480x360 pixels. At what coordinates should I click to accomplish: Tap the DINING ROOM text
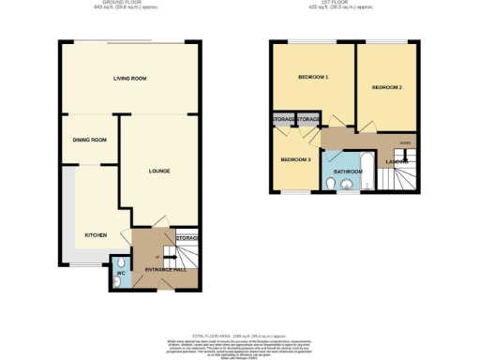(90, 140)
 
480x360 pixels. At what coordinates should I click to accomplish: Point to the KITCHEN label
(97, 234)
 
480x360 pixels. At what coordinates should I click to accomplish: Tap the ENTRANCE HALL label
(164, 270)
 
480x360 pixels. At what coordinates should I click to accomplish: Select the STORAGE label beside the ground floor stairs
(187, 239)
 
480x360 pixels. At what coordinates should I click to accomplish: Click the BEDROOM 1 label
(313, 77)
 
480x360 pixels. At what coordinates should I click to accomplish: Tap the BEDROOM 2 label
(386, 87)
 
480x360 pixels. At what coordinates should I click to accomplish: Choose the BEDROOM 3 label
(295, 160)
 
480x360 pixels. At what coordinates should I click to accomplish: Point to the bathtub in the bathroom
(366, 166)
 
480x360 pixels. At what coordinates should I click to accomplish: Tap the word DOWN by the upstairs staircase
(405, 142)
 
